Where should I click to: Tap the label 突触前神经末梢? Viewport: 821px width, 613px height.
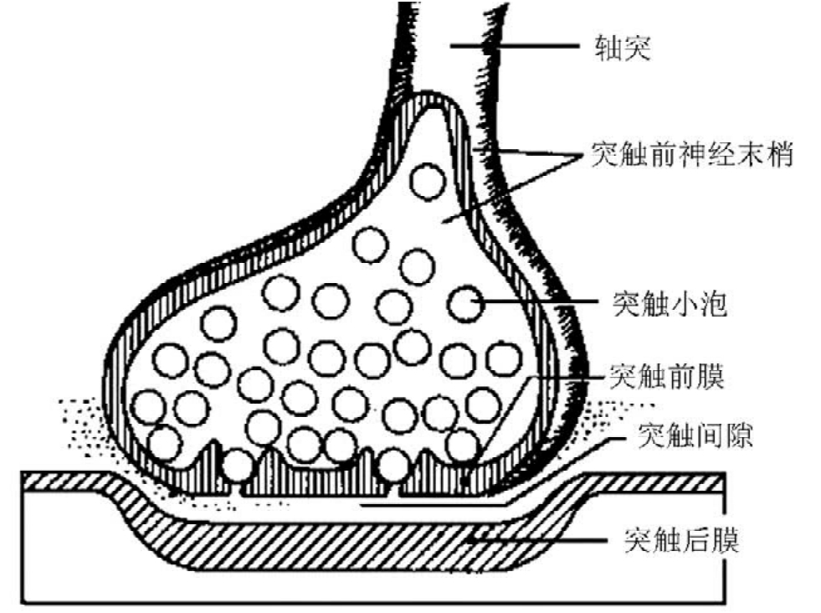(692, 155)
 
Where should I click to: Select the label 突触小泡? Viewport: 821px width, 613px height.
(670, 303)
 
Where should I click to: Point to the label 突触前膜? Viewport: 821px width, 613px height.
(667, 376)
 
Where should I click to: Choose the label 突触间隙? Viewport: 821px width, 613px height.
(695, 435)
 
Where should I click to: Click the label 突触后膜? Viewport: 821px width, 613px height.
(682, 539)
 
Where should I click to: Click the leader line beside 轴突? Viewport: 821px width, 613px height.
(515, 46)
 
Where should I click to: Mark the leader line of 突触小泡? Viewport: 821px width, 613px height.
(534, 301)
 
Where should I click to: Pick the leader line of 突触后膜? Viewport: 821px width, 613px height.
(538, 539)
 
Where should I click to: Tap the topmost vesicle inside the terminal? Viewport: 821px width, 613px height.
(428, 181)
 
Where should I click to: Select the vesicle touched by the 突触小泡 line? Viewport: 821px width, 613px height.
(466, 304)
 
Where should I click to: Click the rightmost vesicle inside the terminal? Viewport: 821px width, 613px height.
(504, 359)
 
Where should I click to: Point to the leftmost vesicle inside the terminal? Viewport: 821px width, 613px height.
(148, 407)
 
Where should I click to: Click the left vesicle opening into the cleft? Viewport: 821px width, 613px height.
(239, 466)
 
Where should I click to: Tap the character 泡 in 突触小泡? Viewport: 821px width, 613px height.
(713, 303)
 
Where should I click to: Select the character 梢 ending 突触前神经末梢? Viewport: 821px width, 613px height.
(779, 155)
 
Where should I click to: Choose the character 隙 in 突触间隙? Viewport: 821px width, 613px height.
(739, 435)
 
